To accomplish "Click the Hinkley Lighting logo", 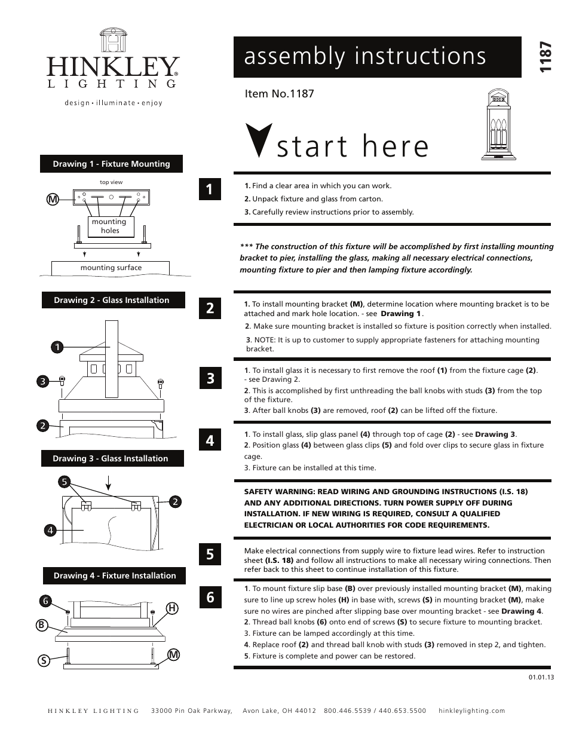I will tap(113, 66).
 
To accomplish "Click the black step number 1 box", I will tap(210, 189).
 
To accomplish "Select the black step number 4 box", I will tap(210, 440).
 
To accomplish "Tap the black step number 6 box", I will tap(210, 596).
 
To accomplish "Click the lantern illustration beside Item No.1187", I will tap(498, 125).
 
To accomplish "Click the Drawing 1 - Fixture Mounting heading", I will tap(111, 164).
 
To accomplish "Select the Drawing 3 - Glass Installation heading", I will tap(111, 458).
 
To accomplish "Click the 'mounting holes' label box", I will tap(110, 226).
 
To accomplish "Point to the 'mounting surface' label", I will tap(111, 268).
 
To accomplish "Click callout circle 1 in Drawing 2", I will tap(56, 347).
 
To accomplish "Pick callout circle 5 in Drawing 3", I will tap(65, 481).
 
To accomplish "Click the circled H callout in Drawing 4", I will tap(172, 608).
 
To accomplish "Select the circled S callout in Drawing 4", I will tap(44, 660).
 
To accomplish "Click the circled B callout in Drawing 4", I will tap(41, 625).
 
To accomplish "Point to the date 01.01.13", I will tap(541, 677).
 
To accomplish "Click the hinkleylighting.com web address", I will tap(471, 711).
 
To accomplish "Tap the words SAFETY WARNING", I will tap(279, 491).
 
